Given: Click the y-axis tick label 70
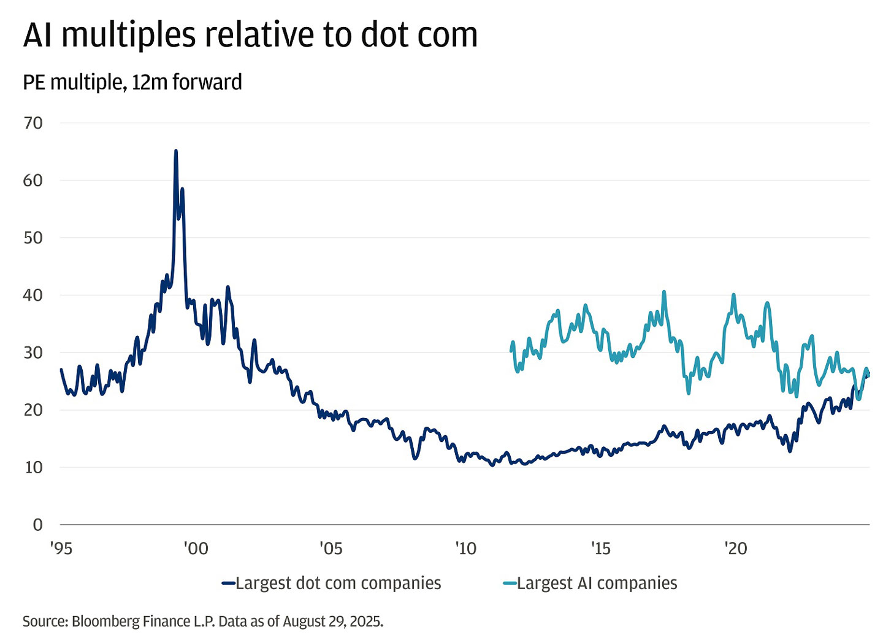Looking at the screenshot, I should [33, 123].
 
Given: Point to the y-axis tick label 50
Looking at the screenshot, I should [33, 238].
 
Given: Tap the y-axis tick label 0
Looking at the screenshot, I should [38, 525].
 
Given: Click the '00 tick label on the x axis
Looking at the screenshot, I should [196, 548].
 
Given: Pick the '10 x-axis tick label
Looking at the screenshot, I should [466, 548].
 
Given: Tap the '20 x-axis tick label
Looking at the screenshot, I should [736, 548].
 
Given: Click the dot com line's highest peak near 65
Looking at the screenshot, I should [176, 151].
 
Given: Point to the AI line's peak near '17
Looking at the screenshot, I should [663, 292].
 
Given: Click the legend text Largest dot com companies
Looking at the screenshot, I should [338, 583].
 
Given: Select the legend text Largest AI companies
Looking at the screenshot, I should [597, 583].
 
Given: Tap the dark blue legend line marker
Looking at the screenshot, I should [228, 584].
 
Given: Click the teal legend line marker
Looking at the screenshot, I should [510, 584].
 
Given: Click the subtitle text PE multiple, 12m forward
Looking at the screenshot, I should [132, 82].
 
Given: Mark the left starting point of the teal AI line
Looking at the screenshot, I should [511, 351].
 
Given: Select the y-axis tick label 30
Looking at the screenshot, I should [33, 352].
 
